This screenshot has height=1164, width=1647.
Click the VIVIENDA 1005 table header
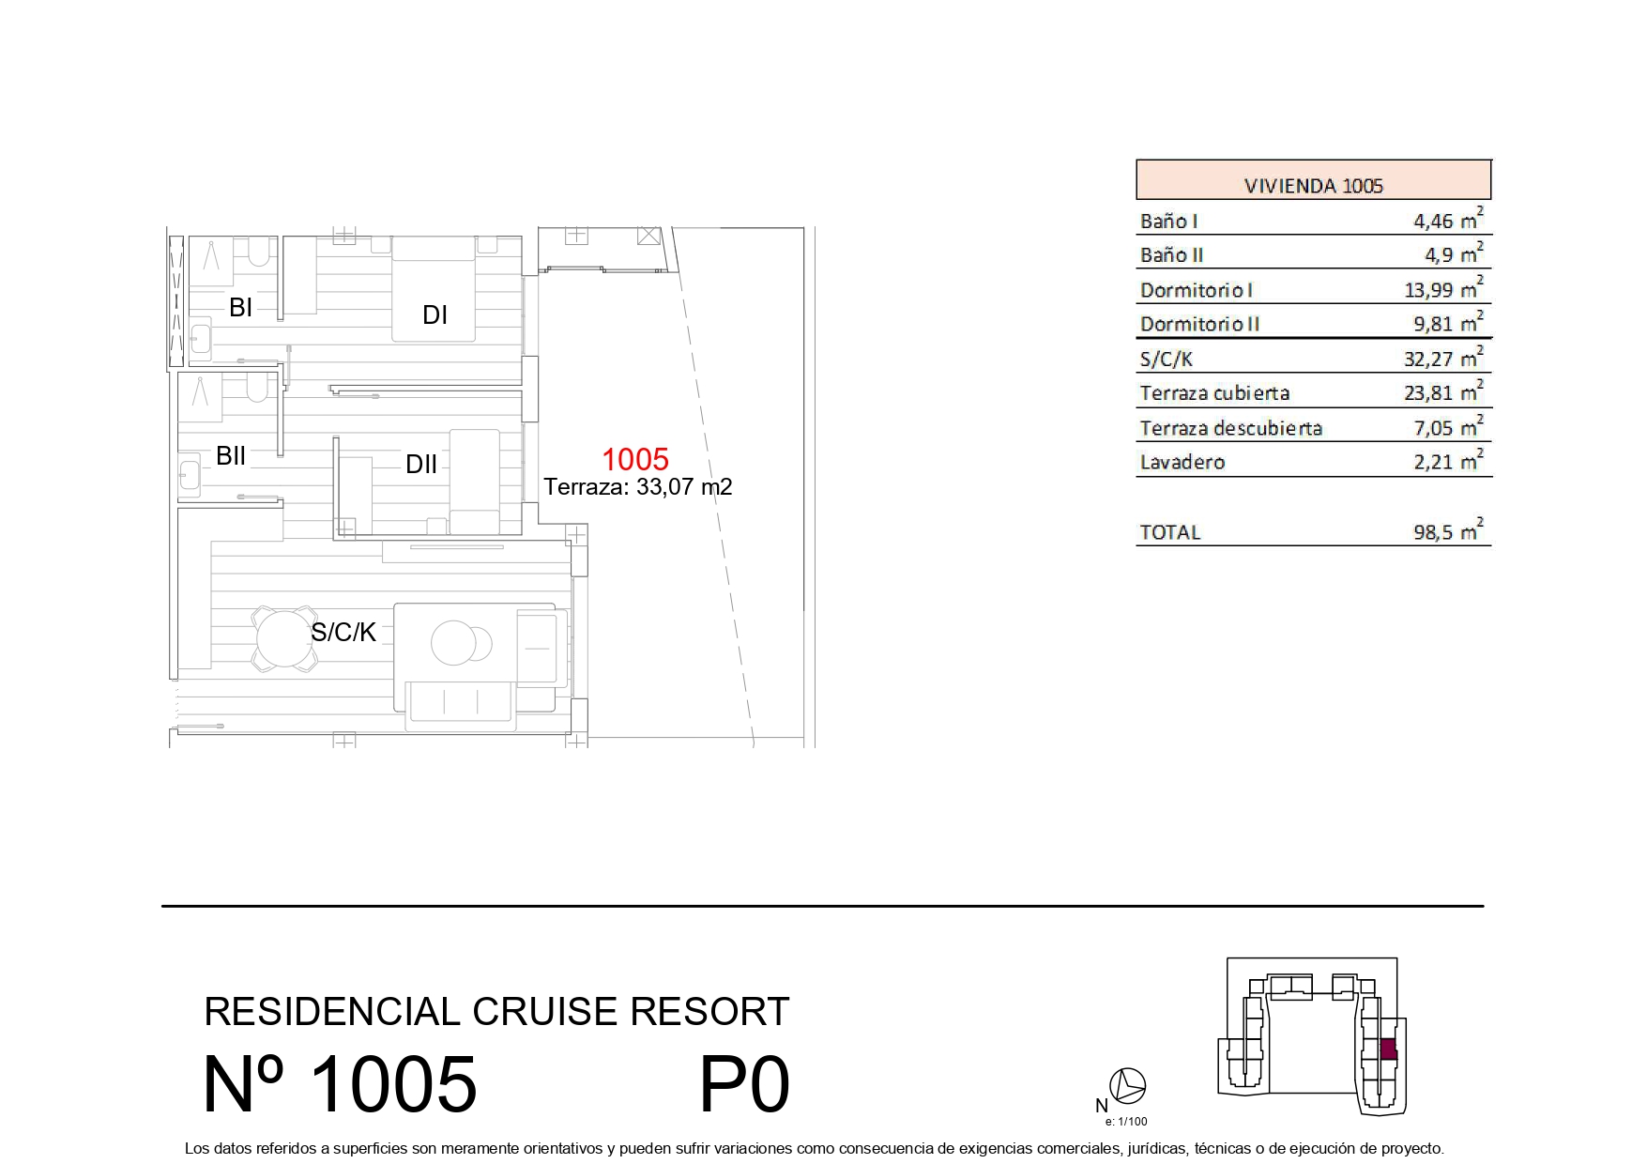point(1313,185)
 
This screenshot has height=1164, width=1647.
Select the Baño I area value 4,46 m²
point(1448,219)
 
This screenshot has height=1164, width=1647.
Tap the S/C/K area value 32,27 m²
point(1443,357)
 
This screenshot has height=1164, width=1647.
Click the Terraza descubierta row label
point(1230,428)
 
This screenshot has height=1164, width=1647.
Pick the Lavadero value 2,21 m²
point(1448,460)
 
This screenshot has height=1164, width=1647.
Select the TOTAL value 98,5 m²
point(1448,530)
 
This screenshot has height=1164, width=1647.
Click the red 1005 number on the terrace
point(635,459)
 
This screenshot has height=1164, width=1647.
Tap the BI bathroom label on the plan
point(241,307)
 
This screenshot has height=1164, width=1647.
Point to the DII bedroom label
point(421,464)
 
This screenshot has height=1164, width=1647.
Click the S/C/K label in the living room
point(343,632)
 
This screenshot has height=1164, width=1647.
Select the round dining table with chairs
point(284,638)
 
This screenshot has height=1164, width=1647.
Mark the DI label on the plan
point(435,314)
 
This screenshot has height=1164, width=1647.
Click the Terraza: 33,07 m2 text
point(638,487)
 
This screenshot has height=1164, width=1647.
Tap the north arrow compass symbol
point(1127,1085)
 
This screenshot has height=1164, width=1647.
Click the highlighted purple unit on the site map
point(1389,1049)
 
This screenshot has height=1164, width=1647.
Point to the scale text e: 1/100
point(1126,1121)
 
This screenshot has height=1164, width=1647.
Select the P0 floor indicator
point(745,1084)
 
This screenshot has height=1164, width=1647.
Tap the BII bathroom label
point(231,455)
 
